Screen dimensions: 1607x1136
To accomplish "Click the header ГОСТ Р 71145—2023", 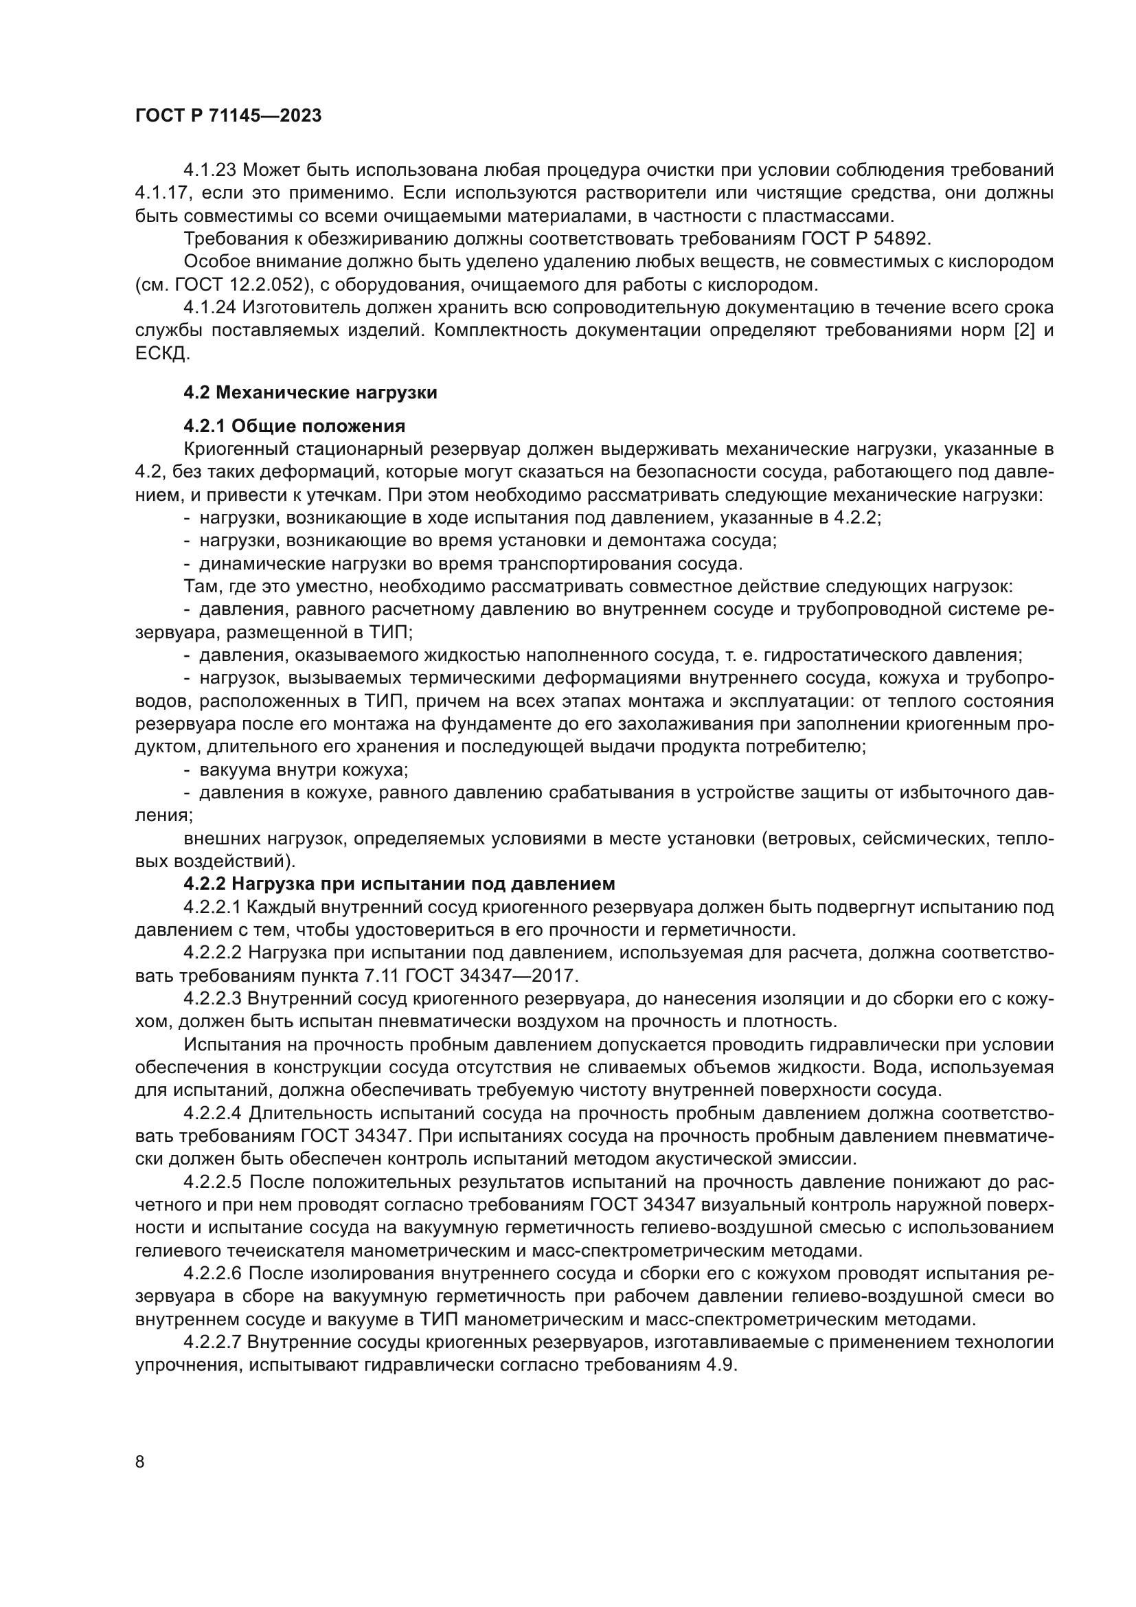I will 228,116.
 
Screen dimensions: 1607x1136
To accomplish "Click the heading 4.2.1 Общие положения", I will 294,426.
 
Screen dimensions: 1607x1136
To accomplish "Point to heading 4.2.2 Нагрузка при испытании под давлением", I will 399,884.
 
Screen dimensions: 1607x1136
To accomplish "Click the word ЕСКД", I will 161,353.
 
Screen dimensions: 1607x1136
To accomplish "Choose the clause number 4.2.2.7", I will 213,1342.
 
